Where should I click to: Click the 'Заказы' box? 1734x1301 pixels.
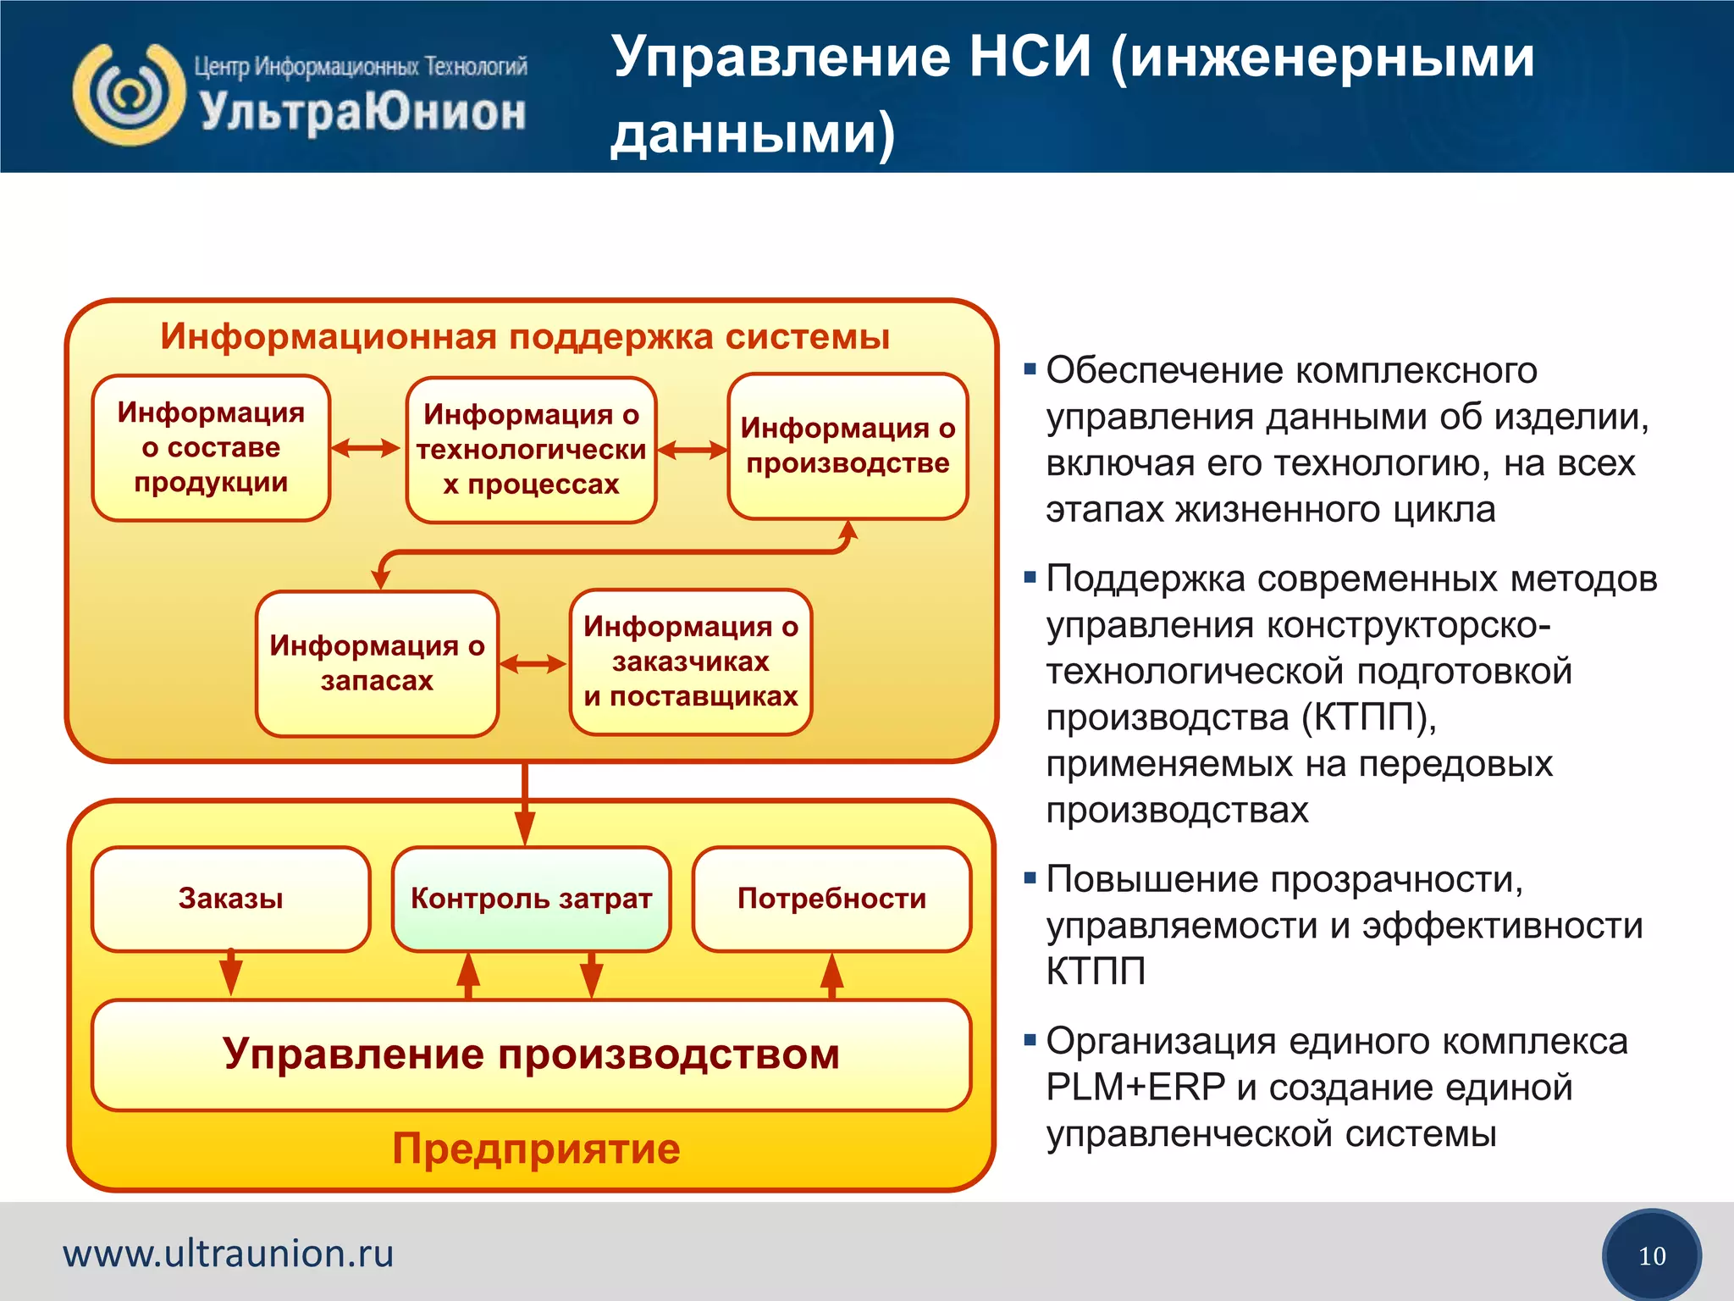click(x=230, y=899)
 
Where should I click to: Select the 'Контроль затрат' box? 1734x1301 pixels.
click(x=531, y=899)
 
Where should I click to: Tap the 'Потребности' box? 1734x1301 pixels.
click(x=831, y=899)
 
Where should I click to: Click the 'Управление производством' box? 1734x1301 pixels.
click(x=531, y=1055)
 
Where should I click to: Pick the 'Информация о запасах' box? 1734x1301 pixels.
click(x=377, y=663)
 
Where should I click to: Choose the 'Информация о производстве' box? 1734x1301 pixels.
click(x=848, y=446)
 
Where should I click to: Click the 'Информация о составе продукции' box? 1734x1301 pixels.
click(x=211, y=447)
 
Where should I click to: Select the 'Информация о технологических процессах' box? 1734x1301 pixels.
click(x=531, y=450)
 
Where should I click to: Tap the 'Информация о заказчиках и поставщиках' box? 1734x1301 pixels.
click(x=690, y=662)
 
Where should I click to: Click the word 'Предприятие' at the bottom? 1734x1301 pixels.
click(x=536, y=1149)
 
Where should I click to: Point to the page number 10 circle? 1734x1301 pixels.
click(x=1651, y=1255)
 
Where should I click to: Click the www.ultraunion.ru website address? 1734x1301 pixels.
click(x=229, y=1254)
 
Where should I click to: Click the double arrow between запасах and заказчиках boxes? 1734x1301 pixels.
click(x=533, y=664)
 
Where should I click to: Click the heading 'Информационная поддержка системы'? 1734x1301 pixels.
click(x=525, y=336)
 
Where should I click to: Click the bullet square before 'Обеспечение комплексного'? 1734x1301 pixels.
click(x=1030, y=369)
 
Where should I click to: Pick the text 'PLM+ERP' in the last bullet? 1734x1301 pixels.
click(x=1135, y=1088)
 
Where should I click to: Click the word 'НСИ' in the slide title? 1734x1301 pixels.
click(x=1030, y=58)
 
